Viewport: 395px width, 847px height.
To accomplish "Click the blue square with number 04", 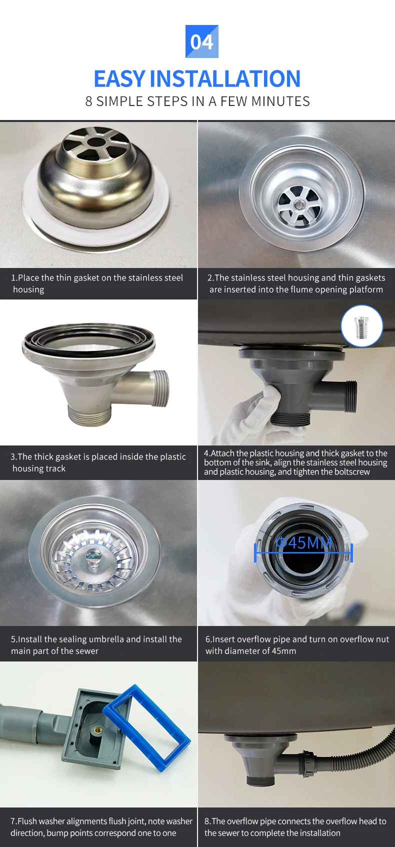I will pos(201,41).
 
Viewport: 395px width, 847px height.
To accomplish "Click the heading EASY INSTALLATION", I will pos(197,79).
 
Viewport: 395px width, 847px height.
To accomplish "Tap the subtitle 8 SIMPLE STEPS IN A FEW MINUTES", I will pos(197,101).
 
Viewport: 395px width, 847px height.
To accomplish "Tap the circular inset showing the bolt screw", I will pos(361,326).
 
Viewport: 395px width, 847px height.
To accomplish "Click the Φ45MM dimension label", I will pos(303,542).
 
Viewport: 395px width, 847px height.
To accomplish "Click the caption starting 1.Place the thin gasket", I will pos(97,283).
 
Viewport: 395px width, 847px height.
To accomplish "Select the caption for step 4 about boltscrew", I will pos(295,462).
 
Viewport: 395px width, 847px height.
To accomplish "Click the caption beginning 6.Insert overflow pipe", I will pos(296,645).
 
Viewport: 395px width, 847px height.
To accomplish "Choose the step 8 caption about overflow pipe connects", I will pos(295,827).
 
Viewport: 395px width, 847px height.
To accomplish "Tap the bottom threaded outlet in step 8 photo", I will pos(260,780).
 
